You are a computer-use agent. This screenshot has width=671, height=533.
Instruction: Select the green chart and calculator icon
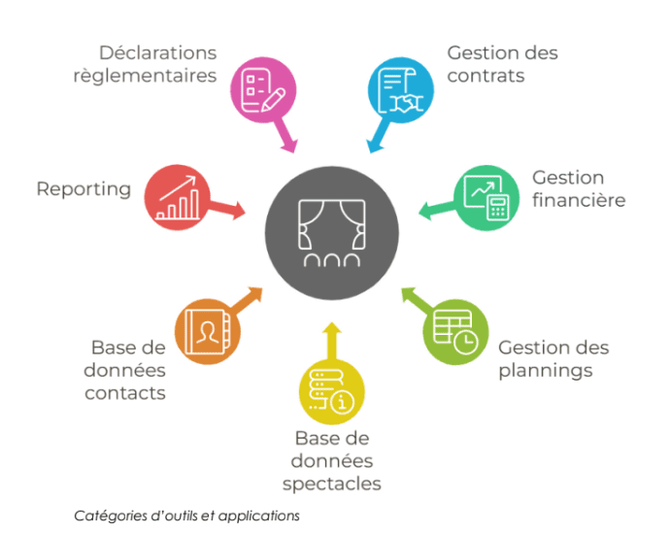(486, 200)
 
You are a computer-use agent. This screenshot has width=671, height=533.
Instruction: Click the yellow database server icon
(331, 392)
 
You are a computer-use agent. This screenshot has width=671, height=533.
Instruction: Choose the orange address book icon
(207, 330)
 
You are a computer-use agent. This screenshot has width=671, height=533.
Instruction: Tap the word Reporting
(84, 189)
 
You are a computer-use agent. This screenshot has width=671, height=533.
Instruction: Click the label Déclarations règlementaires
(145, 63)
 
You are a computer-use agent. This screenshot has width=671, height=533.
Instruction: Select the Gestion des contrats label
(502, 63)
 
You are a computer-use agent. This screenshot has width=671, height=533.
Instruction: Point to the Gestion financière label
(578, 189)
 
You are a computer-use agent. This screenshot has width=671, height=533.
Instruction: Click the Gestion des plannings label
(554, 358)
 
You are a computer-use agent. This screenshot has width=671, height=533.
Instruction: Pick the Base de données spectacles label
(332, 461)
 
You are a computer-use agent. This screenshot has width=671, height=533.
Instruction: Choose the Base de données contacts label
(126, 370)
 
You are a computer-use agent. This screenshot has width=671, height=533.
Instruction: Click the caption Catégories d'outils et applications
(186, 516)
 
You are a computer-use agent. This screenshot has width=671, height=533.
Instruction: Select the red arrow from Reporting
(228, 208)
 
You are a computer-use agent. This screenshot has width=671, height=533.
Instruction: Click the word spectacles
(332, 483)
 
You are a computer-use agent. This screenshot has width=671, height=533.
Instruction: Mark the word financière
(578, 201)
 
